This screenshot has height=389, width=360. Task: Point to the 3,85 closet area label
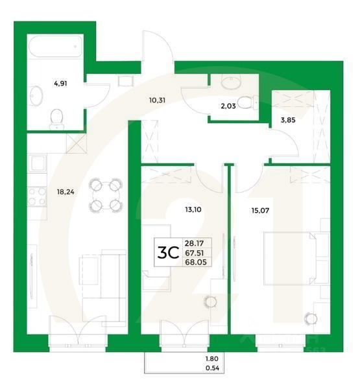tap(287, 120)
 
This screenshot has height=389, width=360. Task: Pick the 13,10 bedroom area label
tap(176, 209)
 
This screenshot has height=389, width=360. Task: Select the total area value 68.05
tap(195, 263)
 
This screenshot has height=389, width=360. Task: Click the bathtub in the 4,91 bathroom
tap(54, 47)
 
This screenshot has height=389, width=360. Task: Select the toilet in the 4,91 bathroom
tap(57, 117)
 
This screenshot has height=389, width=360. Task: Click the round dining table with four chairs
tap(105, 196)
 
